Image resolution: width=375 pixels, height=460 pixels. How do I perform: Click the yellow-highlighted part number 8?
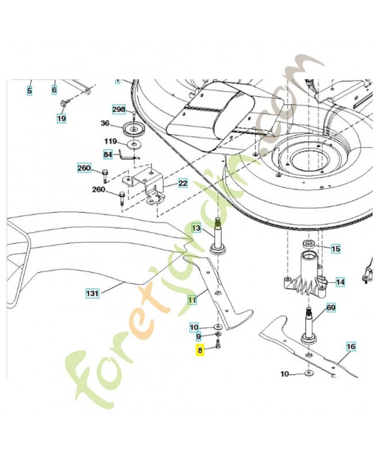(200, 348)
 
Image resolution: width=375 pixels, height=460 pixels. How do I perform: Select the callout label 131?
(93, 293)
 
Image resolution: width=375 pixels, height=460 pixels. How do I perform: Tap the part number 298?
(118, 109)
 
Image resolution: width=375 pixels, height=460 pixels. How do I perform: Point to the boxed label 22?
(182, 183)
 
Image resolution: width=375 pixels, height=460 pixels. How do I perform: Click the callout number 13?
(196, 228)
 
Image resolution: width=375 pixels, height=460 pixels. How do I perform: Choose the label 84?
(108, 154)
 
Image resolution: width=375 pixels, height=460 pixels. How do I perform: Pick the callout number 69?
(331, 308)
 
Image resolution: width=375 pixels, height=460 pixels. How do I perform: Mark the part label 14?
(340, 282)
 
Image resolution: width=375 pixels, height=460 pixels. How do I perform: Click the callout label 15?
(335, 249)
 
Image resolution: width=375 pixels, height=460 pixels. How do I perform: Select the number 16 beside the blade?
(351, 347)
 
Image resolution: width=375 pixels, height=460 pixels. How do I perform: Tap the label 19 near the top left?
(61, 118)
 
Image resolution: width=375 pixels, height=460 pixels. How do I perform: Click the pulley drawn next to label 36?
(133, 128)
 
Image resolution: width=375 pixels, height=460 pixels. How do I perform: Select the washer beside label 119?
(134, 143)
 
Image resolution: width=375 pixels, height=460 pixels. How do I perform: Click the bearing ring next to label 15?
(308, 247)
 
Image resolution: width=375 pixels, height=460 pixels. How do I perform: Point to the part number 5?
(29, 90)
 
